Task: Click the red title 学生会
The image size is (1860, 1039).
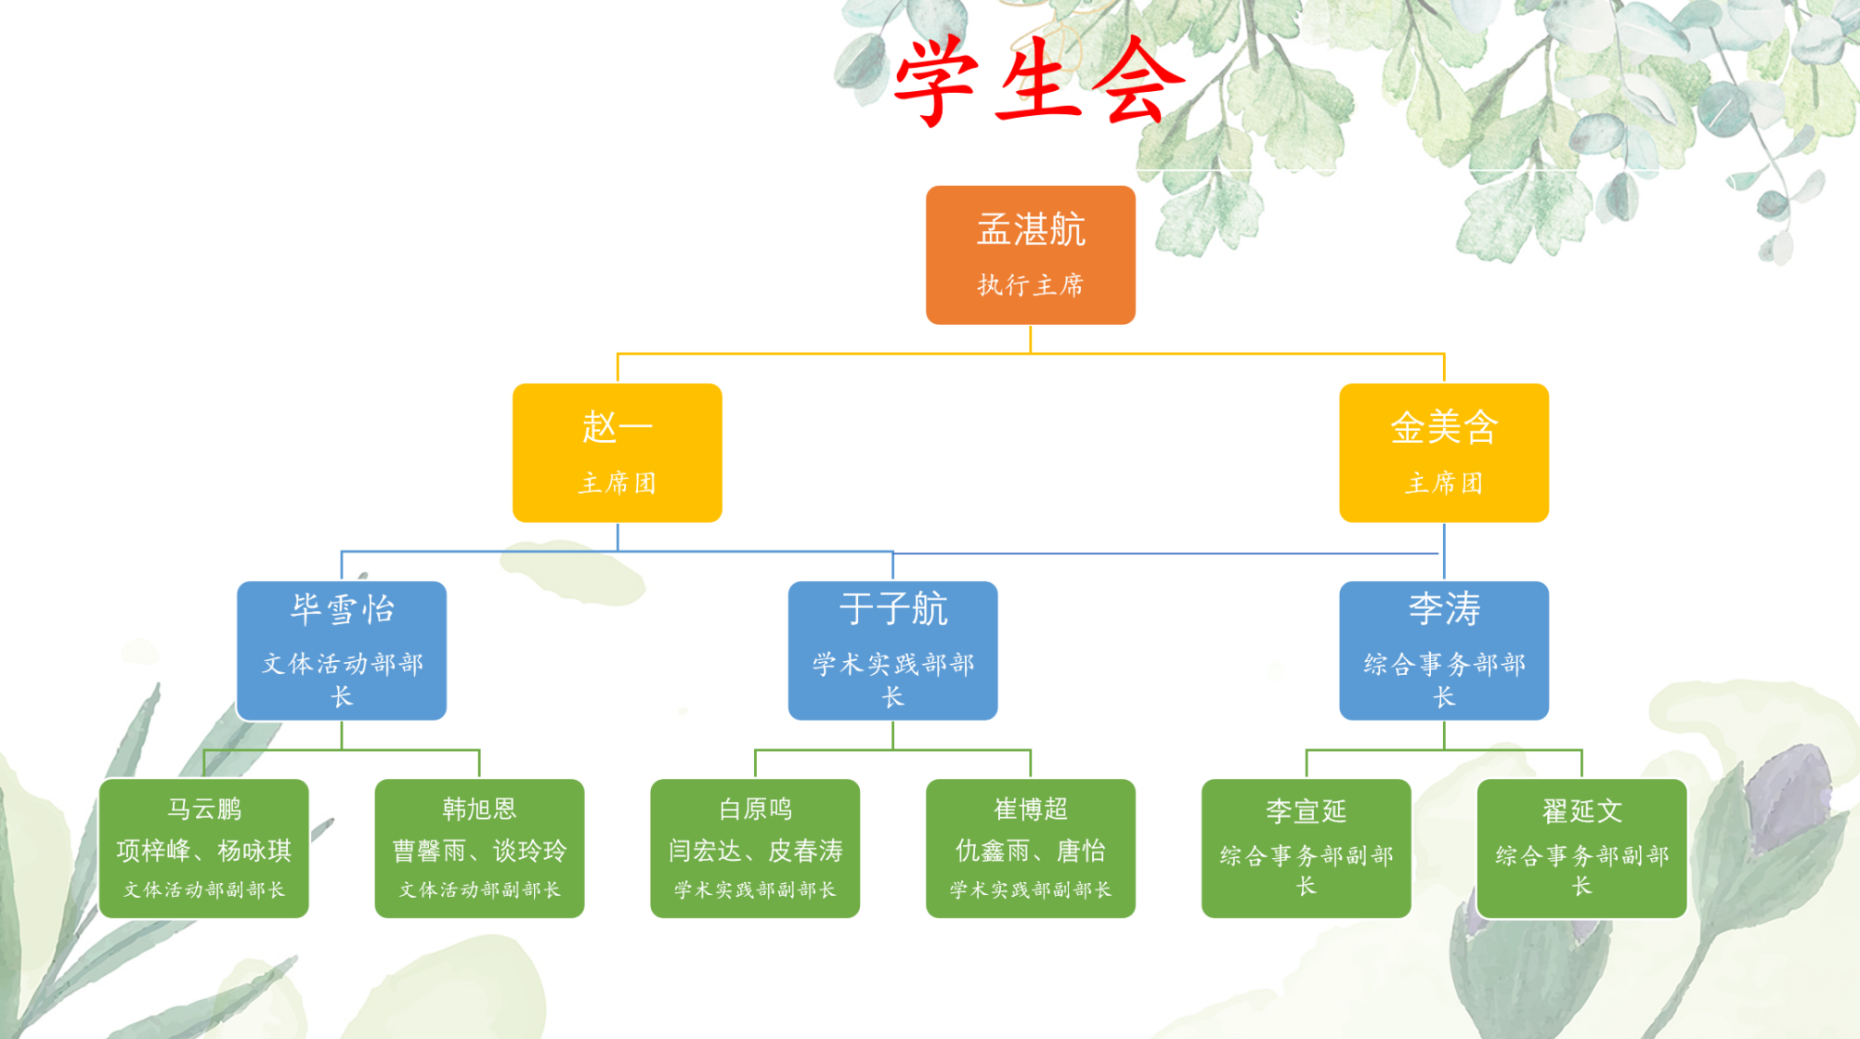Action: [x=1038, y=82]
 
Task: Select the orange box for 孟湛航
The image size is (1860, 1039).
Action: [x=1031, y=255]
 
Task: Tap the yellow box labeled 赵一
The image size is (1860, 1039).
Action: [x=618, y=453]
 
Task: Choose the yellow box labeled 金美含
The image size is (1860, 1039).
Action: [x=1444, y=453]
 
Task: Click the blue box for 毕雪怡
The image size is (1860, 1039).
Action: [x=342, y=651]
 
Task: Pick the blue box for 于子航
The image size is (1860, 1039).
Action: [x=893, y=651]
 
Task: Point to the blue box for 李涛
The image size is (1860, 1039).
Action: [x=1444, y=651]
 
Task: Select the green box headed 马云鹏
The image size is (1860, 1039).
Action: [x=204, y=849]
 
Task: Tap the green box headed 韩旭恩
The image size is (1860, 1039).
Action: [x=479, y=849]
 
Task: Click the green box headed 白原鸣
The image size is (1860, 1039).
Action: [x=755, y=849]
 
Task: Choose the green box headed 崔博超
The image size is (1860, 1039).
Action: [x=1031, y=849]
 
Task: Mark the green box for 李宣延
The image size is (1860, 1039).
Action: [x=1307, y=849]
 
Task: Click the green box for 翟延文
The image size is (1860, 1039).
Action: [x=1582, y=849]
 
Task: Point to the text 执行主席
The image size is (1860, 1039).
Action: [x=1031, y=285]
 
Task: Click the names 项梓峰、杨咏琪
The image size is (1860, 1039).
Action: [x=204, y=851]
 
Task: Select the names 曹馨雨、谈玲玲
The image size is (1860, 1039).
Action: [x=479, y=851]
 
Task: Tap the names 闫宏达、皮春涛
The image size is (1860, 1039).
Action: [x=755, y=851]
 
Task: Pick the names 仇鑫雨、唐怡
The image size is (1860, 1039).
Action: [x=1031, y=851]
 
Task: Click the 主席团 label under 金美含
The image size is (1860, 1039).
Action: [x=1444, y=483]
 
